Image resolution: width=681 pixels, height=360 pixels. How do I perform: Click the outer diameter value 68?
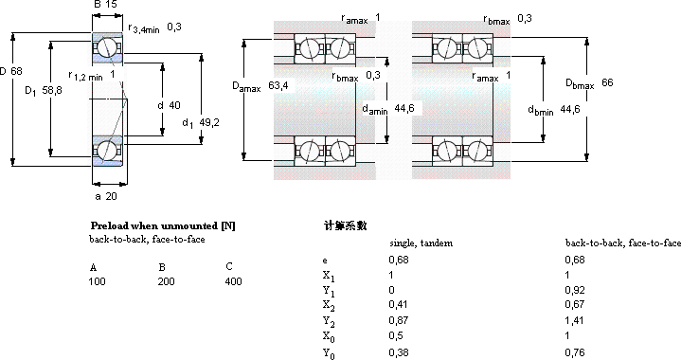coord(16,71)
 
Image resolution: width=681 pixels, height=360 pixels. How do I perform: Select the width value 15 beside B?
coord(111,5)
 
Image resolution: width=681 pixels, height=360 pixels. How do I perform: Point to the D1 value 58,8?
coord(52,90)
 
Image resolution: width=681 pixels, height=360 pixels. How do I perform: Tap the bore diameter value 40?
coord(174,105)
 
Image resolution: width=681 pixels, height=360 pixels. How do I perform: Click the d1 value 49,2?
coord(209,123)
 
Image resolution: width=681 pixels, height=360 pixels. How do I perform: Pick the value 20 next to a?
coord(111,196)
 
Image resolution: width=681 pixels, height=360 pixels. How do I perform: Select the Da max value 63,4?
coord(278,85)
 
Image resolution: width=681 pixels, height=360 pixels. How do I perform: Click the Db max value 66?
coord(607,82)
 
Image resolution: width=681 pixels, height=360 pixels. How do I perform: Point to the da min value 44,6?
coord(404,108)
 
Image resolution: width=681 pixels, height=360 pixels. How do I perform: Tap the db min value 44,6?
coord(570,110)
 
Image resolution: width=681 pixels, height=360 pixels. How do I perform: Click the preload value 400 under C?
coord(233,281)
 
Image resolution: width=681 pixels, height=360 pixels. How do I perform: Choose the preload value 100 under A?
coord(97,281)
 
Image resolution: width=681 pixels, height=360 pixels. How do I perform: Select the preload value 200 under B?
coord(166,281)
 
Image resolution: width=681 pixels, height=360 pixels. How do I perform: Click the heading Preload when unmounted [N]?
coord(163,225)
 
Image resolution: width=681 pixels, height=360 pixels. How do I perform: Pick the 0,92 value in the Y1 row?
coord(575,290)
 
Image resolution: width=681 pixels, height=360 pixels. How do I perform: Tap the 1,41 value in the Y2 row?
coord(574,320)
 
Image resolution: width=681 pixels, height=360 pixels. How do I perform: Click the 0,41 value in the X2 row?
coord(398,305)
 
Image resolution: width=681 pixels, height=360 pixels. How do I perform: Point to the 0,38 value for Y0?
coord(399,352)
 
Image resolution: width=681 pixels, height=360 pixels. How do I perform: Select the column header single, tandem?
coord(421,243)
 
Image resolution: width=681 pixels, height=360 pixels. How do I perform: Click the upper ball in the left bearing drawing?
coord(105,47)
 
